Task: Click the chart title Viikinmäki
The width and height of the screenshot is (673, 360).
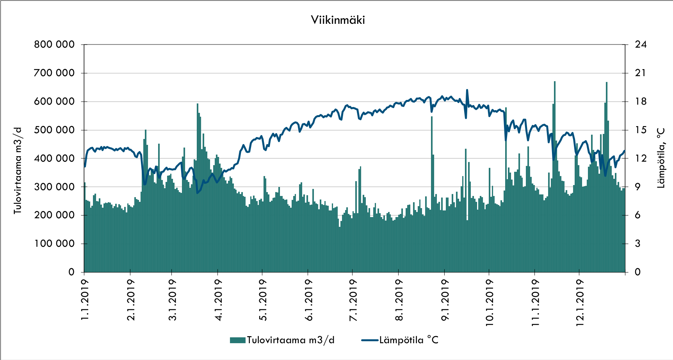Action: pos(338,20)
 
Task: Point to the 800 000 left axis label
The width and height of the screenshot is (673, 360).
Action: pos(54,45)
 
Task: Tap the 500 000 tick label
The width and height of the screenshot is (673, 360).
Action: pos(54,130)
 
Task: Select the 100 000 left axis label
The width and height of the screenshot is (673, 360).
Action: pos(54,244)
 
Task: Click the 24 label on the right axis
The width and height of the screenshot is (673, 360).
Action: pos(641,45)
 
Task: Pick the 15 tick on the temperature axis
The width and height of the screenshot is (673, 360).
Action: pos(641,130)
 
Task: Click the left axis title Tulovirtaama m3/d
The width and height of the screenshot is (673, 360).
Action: pos(18,171)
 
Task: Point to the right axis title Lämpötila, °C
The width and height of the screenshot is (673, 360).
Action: pos(661,158)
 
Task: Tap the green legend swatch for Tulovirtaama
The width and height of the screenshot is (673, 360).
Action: pos(237,340)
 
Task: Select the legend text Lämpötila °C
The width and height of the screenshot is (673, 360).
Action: pos(409,340)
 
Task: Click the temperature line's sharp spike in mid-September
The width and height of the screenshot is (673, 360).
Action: pos(467,90)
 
